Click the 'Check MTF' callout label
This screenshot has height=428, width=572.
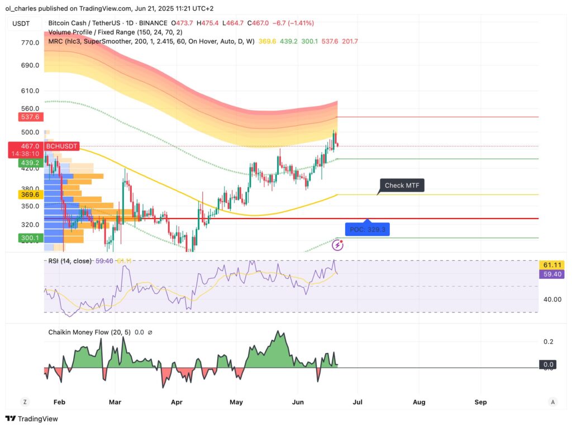point(402,185)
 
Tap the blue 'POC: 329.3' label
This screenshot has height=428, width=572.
point(368,230)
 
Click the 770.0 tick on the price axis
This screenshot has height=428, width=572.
point(30,42)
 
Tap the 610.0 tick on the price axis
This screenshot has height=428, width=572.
point(30,91)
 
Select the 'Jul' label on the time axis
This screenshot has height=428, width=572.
point(357,402)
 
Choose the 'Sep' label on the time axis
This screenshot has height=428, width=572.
point(480,402)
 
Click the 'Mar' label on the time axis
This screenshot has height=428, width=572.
point(115,402)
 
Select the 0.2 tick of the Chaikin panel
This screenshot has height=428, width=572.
point(549,342)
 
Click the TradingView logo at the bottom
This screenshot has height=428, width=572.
point(32,419)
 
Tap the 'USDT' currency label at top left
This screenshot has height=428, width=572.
point(21,23)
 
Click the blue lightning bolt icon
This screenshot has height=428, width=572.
point(339,245)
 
